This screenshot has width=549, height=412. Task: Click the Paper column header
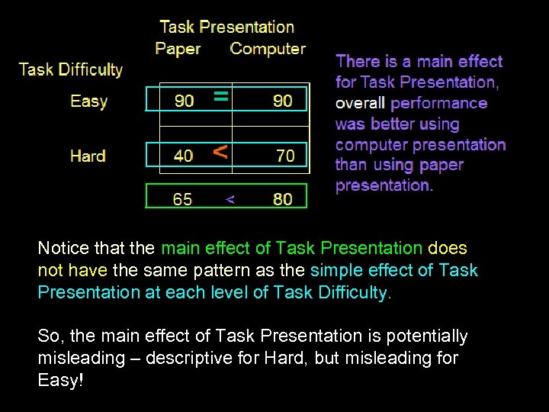point(178,49)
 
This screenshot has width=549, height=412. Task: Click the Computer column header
point(268,49)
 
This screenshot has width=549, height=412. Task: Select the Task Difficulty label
point(71,69)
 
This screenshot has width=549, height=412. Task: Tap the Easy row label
point(89,101)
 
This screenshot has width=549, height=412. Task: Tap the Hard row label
point(88,156)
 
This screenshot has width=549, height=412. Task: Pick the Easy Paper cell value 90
point(184,101)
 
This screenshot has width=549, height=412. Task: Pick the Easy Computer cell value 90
point(282,101)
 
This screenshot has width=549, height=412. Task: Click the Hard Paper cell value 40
point(184,156)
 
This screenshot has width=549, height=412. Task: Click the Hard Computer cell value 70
point(284,156)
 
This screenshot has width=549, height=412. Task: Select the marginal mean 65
point(183,200)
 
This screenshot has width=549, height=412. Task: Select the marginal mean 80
point(282,200)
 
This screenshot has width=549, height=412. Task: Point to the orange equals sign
point(220,96)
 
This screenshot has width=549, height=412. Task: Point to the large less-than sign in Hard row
point(220,151)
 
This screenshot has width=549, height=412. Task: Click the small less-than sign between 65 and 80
point(230,200)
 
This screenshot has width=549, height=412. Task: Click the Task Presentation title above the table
point(226,27)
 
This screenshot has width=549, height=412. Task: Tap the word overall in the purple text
point(361,103)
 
